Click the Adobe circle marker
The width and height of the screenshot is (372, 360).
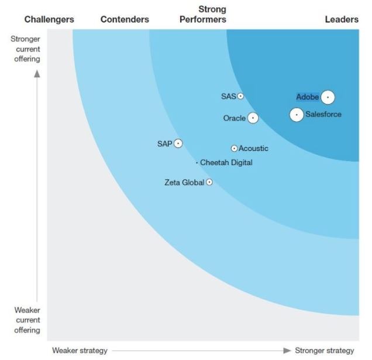pyautogui.click(x=328, y=97)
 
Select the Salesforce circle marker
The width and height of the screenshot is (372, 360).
pyautogui.click(x=297, y=115)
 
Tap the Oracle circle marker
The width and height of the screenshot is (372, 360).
pyautogui.click(x=253, y=118)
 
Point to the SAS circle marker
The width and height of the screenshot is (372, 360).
pyautogui.click(x=240, y=96)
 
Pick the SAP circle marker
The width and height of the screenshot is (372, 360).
pyautogui.click(x=178, y=143)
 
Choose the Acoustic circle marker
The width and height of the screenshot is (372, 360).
pyautogui.click(x=234, y=149)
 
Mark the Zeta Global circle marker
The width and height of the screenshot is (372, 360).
pyautogui.click(x=209, y=182)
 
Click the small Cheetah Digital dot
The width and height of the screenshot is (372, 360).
pyautogui.click(x=197, y=163)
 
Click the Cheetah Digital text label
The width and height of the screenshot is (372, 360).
pyautogui.click(x=226, y=163)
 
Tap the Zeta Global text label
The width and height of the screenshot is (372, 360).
pyautogui.click(x=184, y=183)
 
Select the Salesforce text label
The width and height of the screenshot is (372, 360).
pyautogui.click(x=323, y=115)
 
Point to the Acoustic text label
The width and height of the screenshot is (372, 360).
pyautogui.click(x=253, y=149)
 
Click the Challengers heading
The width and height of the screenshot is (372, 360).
pyautogui.click(x=49, y=19)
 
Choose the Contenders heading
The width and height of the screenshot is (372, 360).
pyautogui.click(x=125, y=19)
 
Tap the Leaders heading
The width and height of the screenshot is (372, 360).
pyautogui.click(x=342, y=19)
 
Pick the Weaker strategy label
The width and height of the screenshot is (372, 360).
pyautogui.click(x=80, y=351)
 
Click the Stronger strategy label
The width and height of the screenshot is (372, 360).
pyautogui.click(x=324, y=351)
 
